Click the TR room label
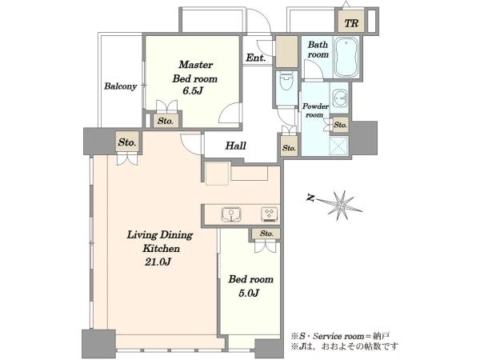[x=351, y=23]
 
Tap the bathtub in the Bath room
[x=346, y=58]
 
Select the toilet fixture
[x=286, y=82]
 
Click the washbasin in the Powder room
[x=339, y=98]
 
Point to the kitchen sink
[x=231, y=214]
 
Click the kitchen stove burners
[x=270, y=214]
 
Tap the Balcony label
[x=120, y=86]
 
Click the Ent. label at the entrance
[x=256, y=58]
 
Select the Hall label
[x=236, y=146]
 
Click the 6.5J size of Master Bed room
[x=193, y=91]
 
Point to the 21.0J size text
[x=158, y=262]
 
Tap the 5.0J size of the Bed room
[x=249, y=294]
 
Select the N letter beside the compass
[x=310, y=198]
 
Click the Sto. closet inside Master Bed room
[x=166, y=121]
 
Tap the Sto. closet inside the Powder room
[x=341, y=125]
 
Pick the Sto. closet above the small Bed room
[x=266, y=234]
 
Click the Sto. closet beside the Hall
[x=289, y=147]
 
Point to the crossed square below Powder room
[x=338, y=146]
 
